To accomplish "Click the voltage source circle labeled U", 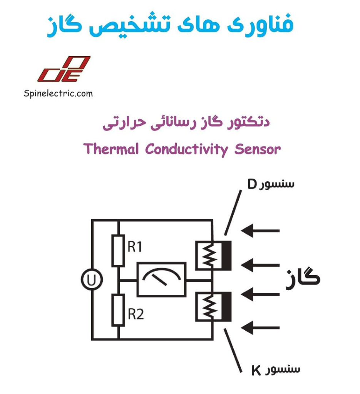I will click(x=92, y=280).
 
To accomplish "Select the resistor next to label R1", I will click(x=118, y=250).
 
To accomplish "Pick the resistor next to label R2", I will click(x=118, y=310).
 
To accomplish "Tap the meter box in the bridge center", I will click(x=162, y=279).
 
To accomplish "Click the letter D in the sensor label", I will click(x=251, y=184).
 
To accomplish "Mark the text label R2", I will click(x=136, y=315).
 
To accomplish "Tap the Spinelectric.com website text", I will click(x=58, y=93).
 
